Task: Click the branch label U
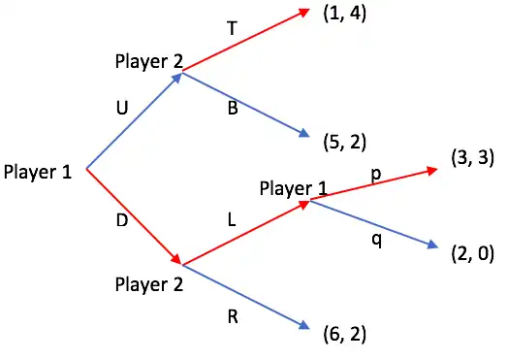point(122,108)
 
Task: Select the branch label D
point(122,220)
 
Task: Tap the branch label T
point(232,28)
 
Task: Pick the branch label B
point(233,108)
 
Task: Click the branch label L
point(232,220)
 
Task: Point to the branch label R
point(233,316)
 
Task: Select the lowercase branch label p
point(376,175)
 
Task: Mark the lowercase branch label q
point(377,241)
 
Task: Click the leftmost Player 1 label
point(38,172)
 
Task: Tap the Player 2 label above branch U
point(149,61)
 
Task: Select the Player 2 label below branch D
point(149,284)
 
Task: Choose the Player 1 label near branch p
point(294,188)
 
